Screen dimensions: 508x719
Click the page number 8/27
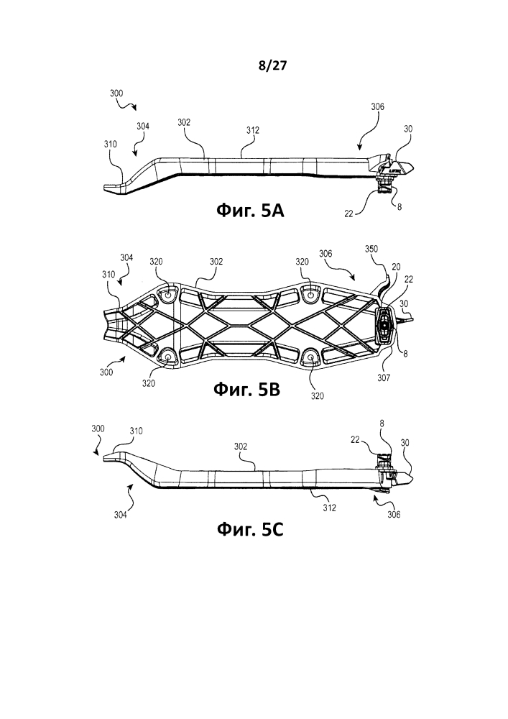click(272, 66)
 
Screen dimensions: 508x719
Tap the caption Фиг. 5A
click(250, 211)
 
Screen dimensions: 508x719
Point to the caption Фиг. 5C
click(250, 530)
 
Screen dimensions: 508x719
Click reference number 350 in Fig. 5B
click(371, 249)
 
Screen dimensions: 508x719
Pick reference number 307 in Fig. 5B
click(384, 378)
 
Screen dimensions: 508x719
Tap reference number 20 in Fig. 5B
click(396, 267)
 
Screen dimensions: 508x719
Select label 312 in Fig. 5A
click(252, 130)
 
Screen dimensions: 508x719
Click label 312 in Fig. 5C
click(329, 508)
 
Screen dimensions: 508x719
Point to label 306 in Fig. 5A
click(377, 107)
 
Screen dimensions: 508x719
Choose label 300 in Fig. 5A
click(116, 93)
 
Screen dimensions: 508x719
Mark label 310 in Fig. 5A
click(110, 144)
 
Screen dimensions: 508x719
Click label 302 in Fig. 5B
click(216, 262)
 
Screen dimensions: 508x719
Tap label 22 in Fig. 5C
click(355, 439)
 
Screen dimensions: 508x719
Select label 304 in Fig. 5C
click(121, 515)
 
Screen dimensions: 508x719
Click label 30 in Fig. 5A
click(407, 129)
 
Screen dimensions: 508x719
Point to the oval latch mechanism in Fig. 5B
click(384, 325)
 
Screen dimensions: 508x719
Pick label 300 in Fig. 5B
click(106, 372)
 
